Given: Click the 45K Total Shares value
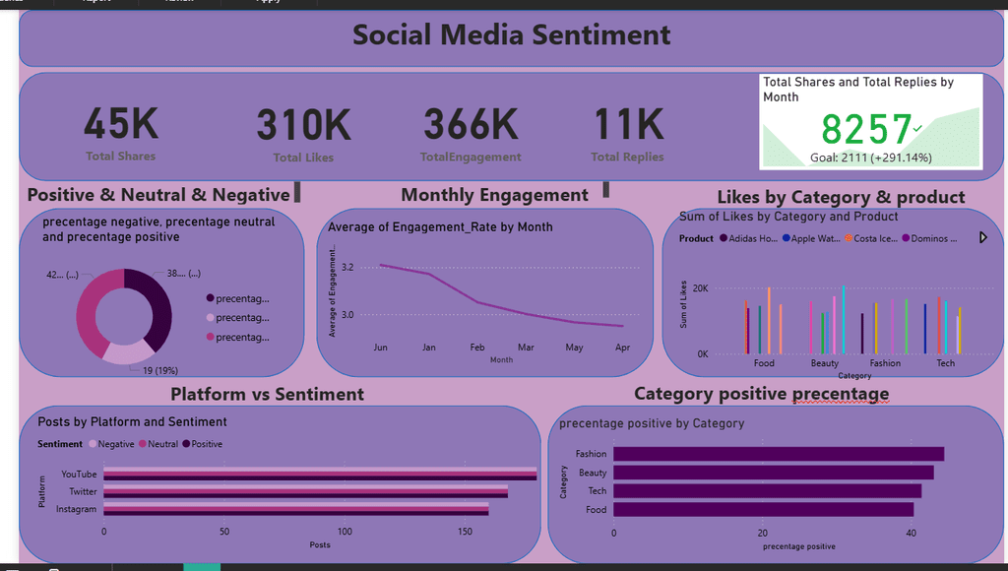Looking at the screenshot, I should pyautogui.click(x=120, y=125).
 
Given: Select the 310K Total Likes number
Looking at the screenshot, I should pyautogui.click(x=303, y=126).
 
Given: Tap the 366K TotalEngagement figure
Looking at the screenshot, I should pyautogui.click(x=471, y=125).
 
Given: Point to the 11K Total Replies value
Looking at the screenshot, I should pyautogui.click(x=627, y=125).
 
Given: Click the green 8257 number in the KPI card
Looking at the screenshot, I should pyautogui.click(x=866, y=130).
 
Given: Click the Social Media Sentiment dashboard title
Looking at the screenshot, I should pyautogui.click(x=511, y=35).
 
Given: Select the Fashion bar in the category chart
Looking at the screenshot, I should pyautogui.click(x=778, y=454).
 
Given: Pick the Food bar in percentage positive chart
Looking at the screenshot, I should pyautogui.click(x=763, y=509).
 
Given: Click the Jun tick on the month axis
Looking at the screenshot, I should pyautogui.click(x=380, y=348).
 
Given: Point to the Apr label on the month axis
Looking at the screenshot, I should pyautogui.click(x=622, y=348).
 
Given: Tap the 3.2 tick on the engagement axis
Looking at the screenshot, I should pyautogui.click(x=347, y=267).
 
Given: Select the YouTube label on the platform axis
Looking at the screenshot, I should pyautogui.click(x=79, y=475).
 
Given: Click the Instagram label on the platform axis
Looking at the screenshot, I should pyautogui.click(x=76, y=509).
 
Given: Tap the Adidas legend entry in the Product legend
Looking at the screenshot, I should pyautogui.click(x=748, y=238).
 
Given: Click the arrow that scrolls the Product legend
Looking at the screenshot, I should pyautogui.click(x=982, y=237).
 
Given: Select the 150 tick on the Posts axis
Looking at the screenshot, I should pyautogui.click(x=465, y=532).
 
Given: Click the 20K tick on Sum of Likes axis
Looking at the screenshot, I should pyautogui.click(x=700, y=288).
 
